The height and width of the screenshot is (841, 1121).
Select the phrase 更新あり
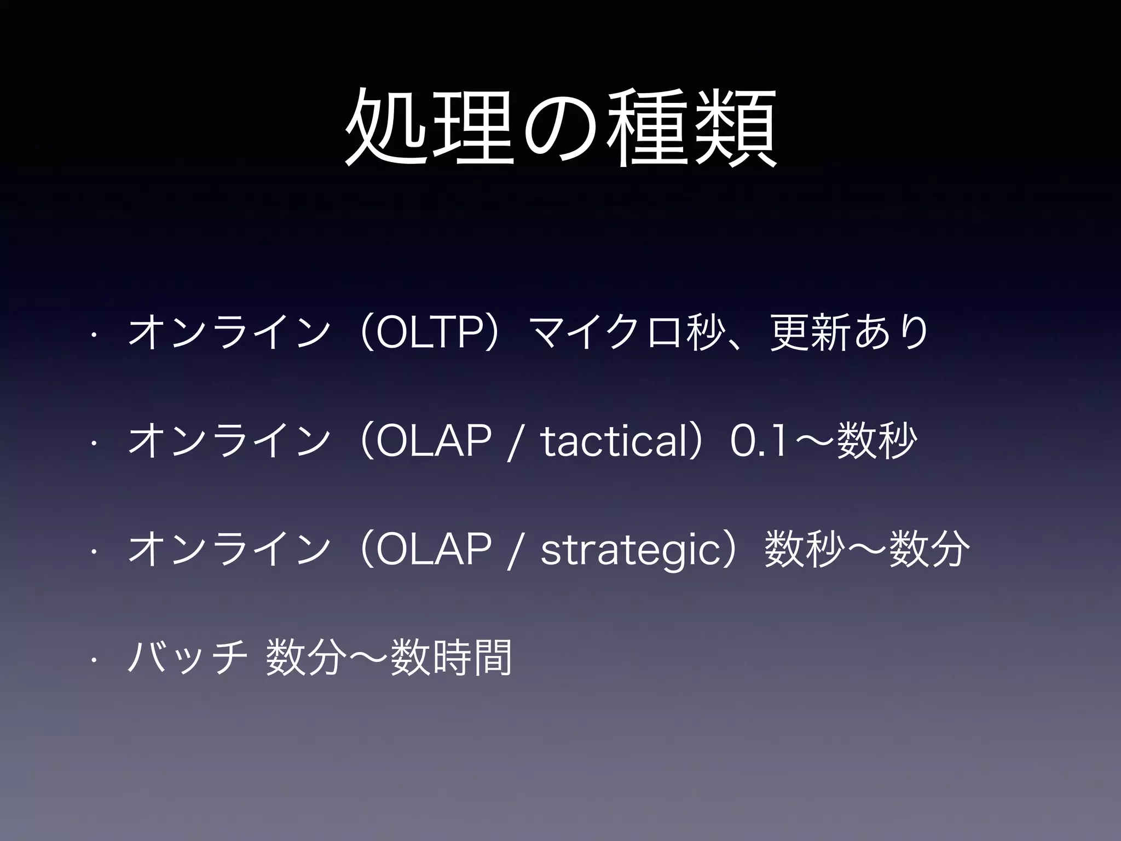click(848, 332)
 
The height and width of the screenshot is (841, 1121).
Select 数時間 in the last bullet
click(451, 657)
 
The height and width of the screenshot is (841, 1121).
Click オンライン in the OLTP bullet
click(229, 332)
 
